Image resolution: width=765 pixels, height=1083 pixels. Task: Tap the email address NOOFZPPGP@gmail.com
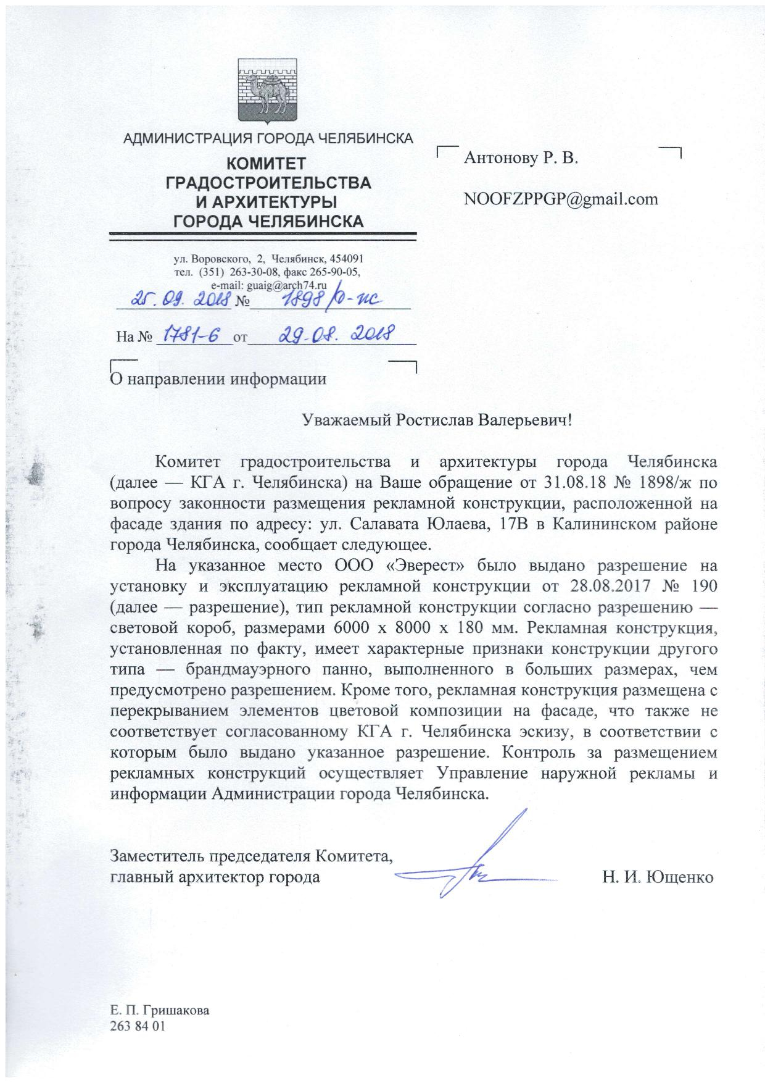coord(560,199)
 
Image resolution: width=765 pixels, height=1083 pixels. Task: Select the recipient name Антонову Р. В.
coord(521,159)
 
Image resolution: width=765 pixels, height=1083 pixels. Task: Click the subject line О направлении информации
coord(217,378)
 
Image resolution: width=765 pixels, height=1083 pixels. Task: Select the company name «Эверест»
coord(415,565)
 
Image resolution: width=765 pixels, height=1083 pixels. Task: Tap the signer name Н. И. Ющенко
coord(658,877)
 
